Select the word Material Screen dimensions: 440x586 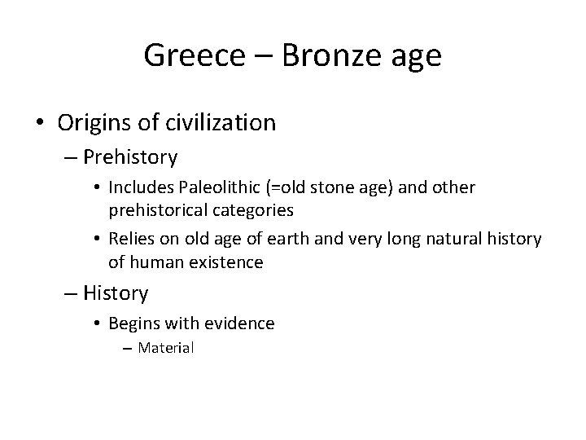click(x=166, y=349)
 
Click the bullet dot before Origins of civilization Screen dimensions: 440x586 click(x=40, y=123)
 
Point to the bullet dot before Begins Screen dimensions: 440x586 click(x=97, y=323)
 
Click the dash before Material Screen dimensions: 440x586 click(x=129, y=349)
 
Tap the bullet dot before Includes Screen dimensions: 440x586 click(x=97, y=188)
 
